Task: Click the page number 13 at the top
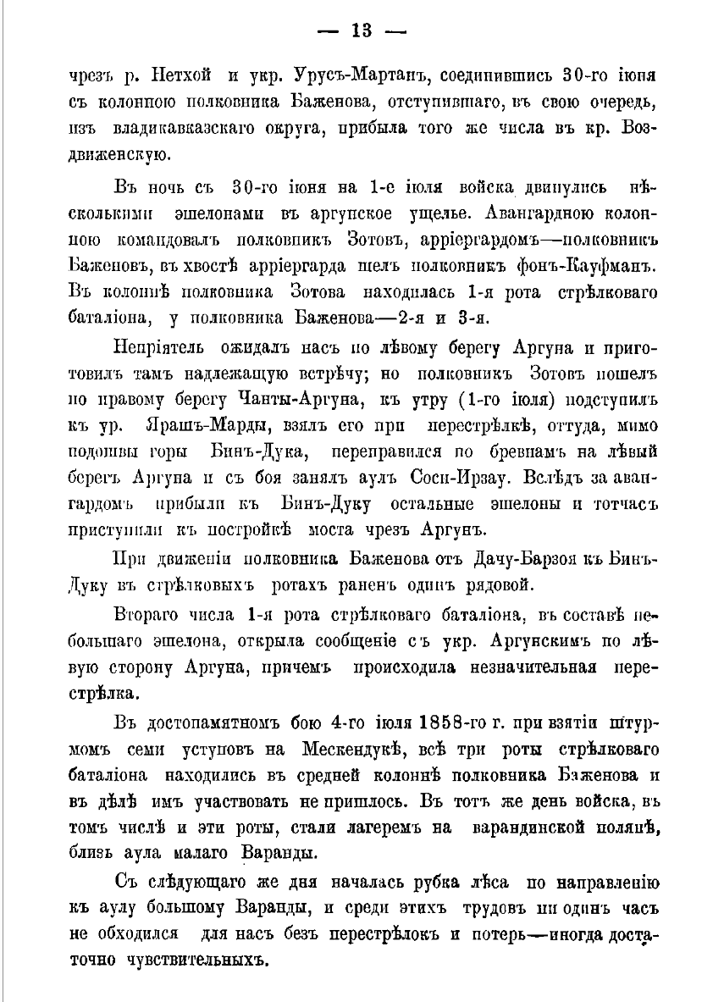click(x=362, y=31)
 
